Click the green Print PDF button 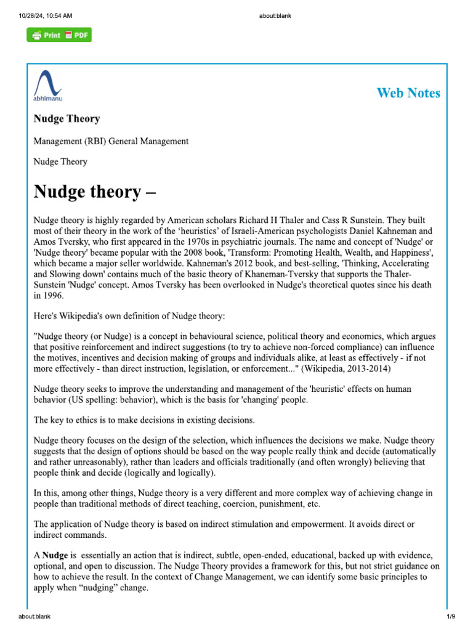[59, 35]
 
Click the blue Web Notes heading [408, 93]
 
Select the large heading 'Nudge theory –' [95, 192]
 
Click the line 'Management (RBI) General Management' [111, 141]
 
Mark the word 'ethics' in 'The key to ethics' [86, 420]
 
